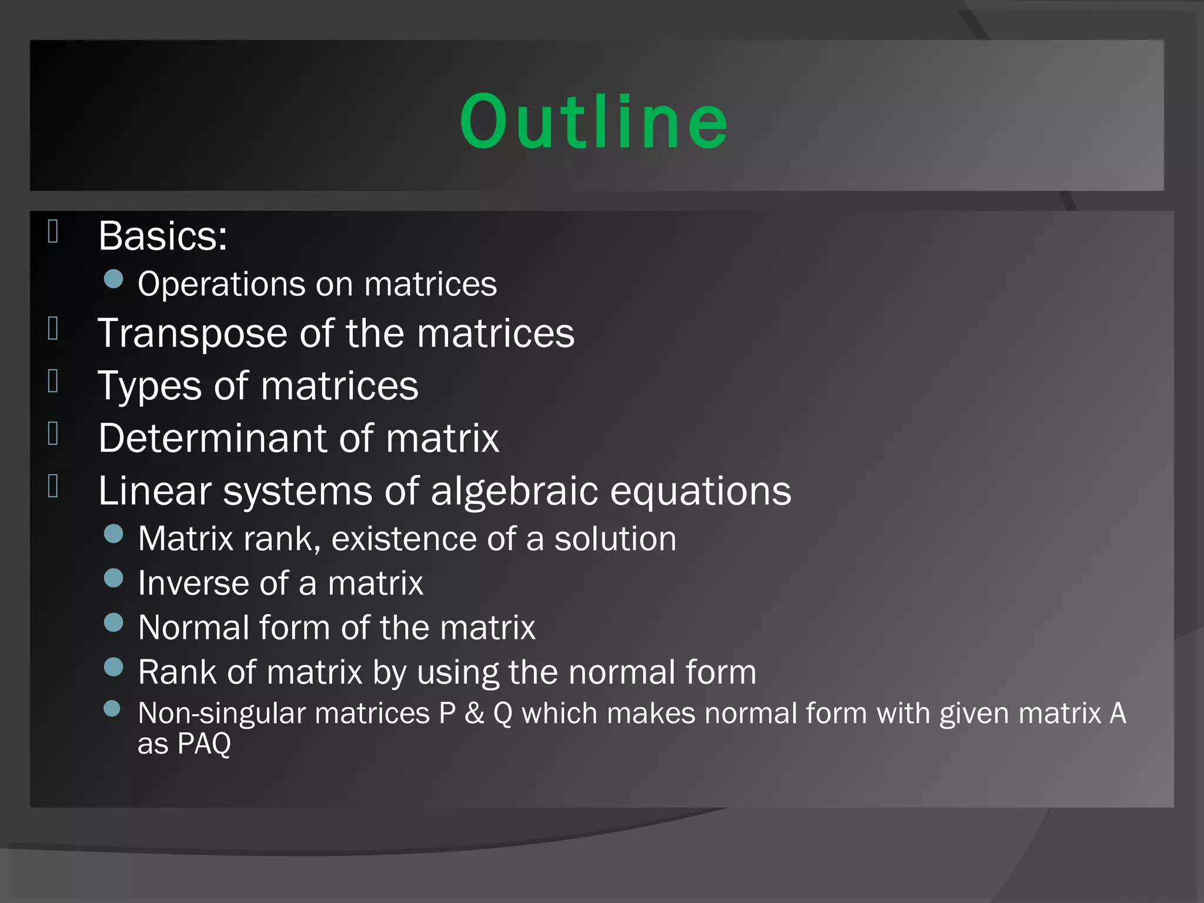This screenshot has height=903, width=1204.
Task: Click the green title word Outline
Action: pos(594,122)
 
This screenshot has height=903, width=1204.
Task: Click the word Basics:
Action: pos(162,236)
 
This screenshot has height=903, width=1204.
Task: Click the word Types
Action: pos(149,387)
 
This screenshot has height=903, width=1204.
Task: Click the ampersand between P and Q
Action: pos(474,714)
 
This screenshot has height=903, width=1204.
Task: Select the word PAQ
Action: pos(204,744)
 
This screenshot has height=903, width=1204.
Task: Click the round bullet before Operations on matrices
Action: pos(113,279)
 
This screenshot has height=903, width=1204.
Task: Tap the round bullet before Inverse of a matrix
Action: pos(113,578)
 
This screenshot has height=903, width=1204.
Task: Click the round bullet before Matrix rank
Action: pos(113,534)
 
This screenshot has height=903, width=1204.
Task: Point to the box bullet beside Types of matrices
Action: pos(53,381)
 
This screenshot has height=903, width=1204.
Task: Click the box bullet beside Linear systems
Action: pos(53,486)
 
